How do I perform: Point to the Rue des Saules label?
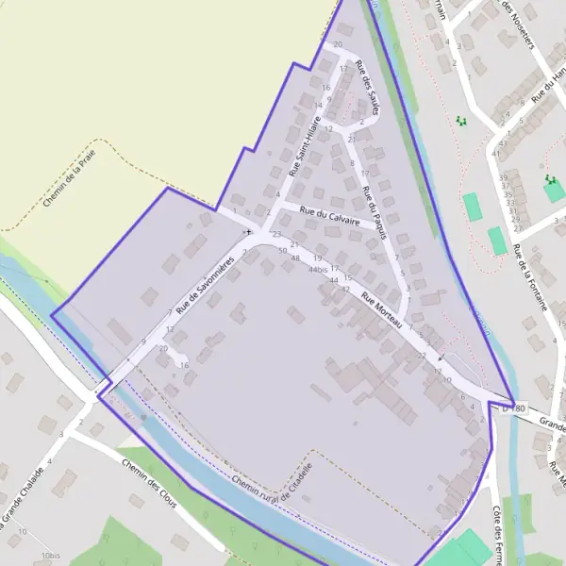coord(366,88)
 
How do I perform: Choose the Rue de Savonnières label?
coord(204,282)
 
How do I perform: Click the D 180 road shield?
coord(512,408)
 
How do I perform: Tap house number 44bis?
coord(317,269)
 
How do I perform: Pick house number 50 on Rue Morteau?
coord(283,250)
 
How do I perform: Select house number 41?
coord(496,153)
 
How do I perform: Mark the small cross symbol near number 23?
coord(248,231)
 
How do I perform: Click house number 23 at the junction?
coord(276,234)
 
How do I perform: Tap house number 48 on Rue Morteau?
coord(295,258)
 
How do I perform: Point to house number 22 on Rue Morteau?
coord(422,355)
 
